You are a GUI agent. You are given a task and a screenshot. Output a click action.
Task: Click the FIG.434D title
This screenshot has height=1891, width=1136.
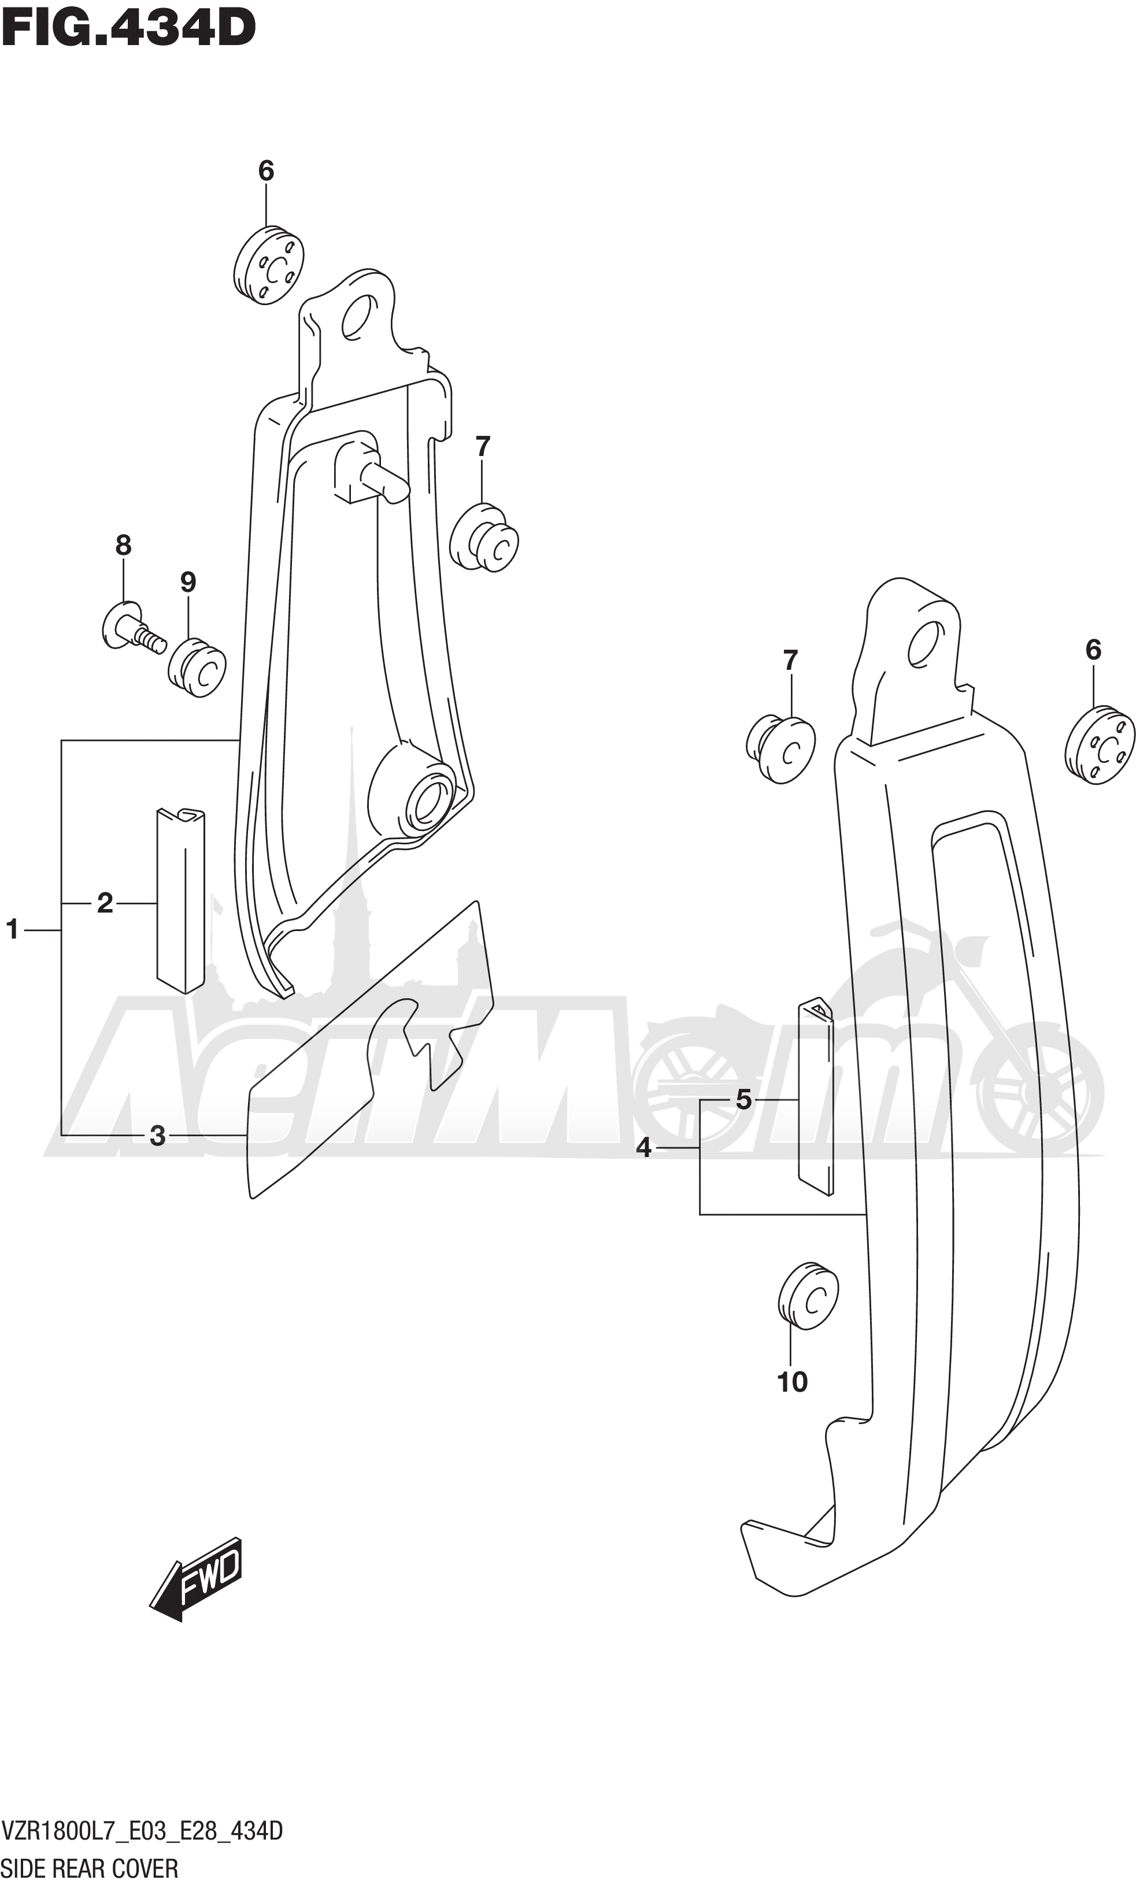point(128,28)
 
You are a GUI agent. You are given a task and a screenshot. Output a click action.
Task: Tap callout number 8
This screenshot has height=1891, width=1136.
point(123,545)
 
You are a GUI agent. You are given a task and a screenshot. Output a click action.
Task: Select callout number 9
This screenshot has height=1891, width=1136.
point(188,583)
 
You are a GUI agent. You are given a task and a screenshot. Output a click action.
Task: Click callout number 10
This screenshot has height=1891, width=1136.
point(792,1382)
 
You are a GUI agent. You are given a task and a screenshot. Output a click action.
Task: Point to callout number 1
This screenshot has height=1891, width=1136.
point(12,929)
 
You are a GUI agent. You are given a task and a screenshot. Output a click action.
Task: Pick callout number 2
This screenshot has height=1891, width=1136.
point(106,903)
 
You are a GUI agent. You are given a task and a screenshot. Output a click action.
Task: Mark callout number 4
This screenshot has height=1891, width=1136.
point(644,1148)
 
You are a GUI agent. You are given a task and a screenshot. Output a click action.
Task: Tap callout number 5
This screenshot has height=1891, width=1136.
point(743,1100)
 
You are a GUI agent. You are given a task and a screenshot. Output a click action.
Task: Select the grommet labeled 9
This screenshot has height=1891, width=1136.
point(197,668)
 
